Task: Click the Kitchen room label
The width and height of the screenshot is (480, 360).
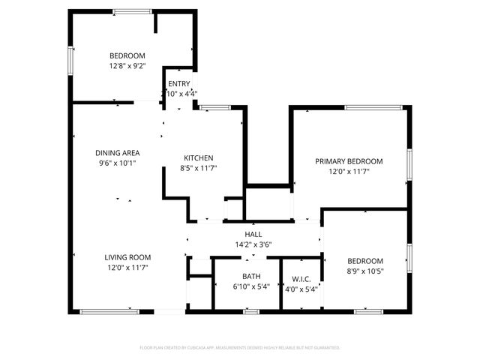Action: click(199, 157)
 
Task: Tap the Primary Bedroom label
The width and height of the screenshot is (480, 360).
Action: click(349, 161)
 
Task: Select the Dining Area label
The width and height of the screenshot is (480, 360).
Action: click(118, 153)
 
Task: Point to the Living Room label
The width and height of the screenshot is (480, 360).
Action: click(127, 257)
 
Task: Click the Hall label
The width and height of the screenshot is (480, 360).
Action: click(253, 235)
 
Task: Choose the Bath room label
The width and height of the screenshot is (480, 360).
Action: click(251, 277)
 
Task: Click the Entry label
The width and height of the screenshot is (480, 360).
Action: click(178, 84)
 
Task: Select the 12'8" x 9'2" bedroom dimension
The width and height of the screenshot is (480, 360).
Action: click(127, 66)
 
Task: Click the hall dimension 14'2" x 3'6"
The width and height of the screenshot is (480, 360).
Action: click(253, 244)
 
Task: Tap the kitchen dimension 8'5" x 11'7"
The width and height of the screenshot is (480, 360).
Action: click(199, 168)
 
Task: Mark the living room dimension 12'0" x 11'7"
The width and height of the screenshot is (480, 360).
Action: click(127, 268)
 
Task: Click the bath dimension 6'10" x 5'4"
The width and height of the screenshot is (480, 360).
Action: click(251, 287)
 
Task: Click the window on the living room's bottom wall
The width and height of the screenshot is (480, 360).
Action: click(109, 310)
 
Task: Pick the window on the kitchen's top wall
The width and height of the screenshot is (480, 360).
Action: click(214, 108)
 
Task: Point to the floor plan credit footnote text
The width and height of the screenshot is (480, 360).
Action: click(240, 348)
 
